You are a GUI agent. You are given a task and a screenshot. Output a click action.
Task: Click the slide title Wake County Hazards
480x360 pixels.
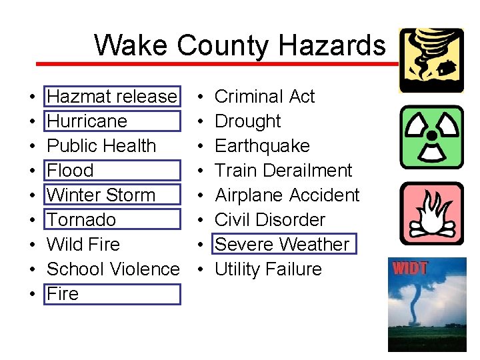[x=239, y=45]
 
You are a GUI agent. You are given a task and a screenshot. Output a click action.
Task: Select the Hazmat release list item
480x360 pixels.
[x=112, y=97]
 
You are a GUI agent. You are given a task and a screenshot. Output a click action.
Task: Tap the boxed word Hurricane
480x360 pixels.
[x=87, y=121]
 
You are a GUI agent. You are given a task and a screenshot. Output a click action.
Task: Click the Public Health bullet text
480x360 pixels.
[x=101, y=146]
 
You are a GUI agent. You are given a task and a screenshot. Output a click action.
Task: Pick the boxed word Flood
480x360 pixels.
[x=70, y=171]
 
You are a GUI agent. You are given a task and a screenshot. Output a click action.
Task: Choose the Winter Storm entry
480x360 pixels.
[x=101, y=195]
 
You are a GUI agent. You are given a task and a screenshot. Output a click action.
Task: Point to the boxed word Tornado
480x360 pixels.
[x=81, y=220]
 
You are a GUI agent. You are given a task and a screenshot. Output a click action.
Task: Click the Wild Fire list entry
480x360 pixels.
[x=83, y=245]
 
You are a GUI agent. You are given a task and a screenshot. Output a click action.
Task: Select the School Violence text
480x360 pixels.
[x=113, y=269]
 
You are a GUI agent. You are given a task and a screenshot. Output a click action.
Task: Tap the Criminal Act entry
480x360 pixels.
[x=265, y=97]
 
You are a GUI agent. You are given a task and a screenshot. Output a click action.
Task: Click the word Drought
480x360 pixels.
[x=248, y=121]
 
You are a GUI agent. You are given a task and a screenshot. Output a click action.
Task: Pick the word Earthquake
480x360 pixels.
[x=262, y=146]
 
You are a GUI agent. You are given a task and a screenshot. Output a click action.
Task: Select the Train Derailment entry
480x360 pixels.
[x=283, y=171]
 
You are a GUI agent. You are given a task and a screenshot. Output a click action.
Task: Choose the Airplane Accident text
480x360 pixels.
[x=287, y=195]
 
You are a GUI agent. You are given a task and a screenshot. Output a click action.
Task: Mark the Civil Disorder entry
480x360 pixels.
[x=270, y=220]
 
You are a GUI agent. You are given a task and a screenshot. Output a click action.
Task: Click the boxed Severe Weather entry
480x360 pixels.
[x=282, y=245]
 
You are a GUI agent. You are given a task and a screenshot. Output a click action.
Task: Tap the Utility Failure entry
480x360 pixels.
[x=268, y=269]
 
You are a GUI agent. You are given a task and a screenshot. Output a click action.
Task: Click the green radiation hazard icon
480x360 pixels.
[x=431, y=137]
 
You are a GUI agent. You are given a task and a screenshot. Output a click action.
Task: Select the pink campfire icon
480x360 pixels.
[x=431, y=213]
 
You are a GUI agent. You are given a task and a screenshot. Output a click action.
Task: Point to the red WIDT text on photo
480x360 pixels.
[x=409, y=269]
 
